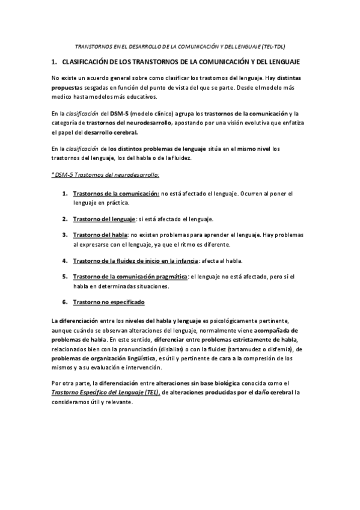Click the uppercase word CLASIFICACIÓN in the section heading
(88, 62)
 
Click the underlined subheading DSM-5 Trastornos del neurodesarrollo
(106, 175)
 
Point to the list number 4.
(64, 260)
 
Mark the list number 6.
(64, 302)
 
